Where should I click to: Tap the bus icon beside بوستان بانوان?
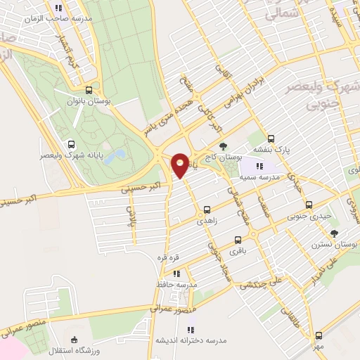(x=89, y=91)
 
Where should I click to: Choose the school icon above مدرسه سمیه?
(x=260, y=166)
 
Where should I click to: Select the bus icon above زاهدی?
(x=207, y=210)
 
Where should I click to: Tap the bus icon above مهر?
(x=318, y=335)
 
